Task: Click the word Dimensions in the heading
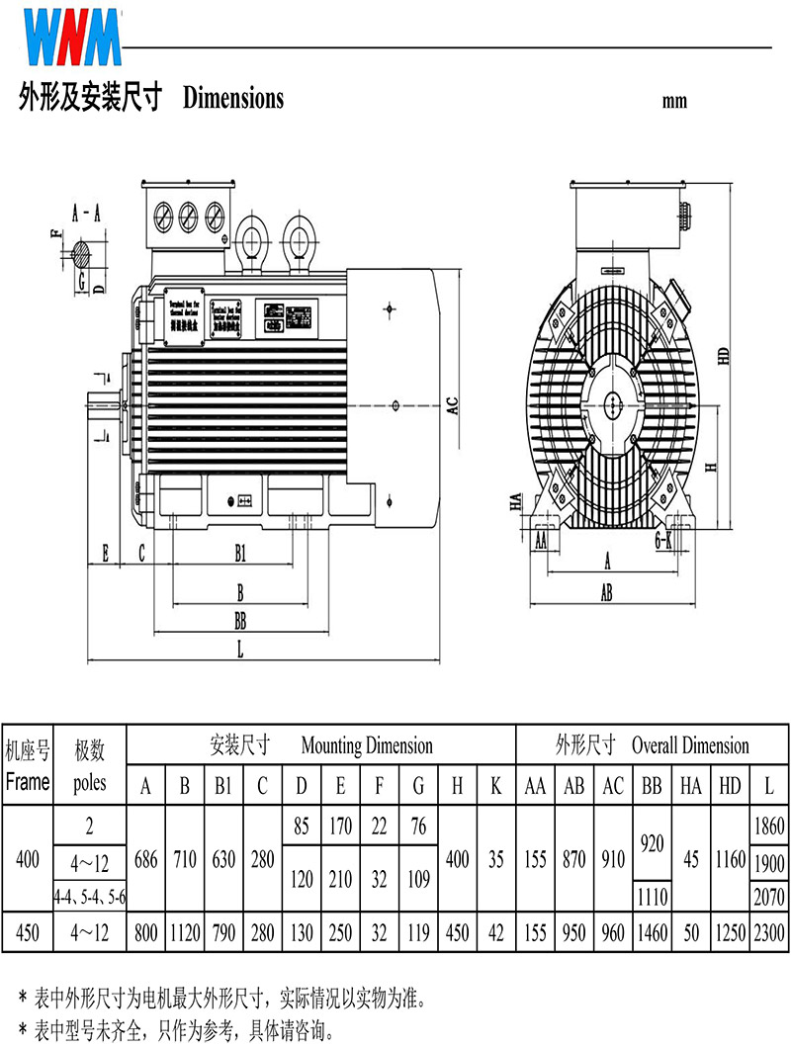click(233, 99)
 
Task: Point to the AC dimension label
click(452, 405)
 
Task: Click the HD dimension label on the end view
click(724, 356)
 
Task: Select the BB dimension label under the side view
click(239, 621)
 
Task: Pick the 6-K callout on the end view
click(663, 540)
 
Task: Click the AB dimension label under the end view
click(607, 593)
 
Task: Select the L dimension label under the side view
click(239, 649)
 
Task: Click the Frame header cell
click(28, 782)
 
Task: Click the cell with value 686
click(146, 858)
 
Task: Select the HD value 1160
click(730, 858)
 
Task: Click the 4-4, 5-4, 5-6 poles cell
click(89, 897)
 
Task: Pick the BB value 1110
click(651, 897)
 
